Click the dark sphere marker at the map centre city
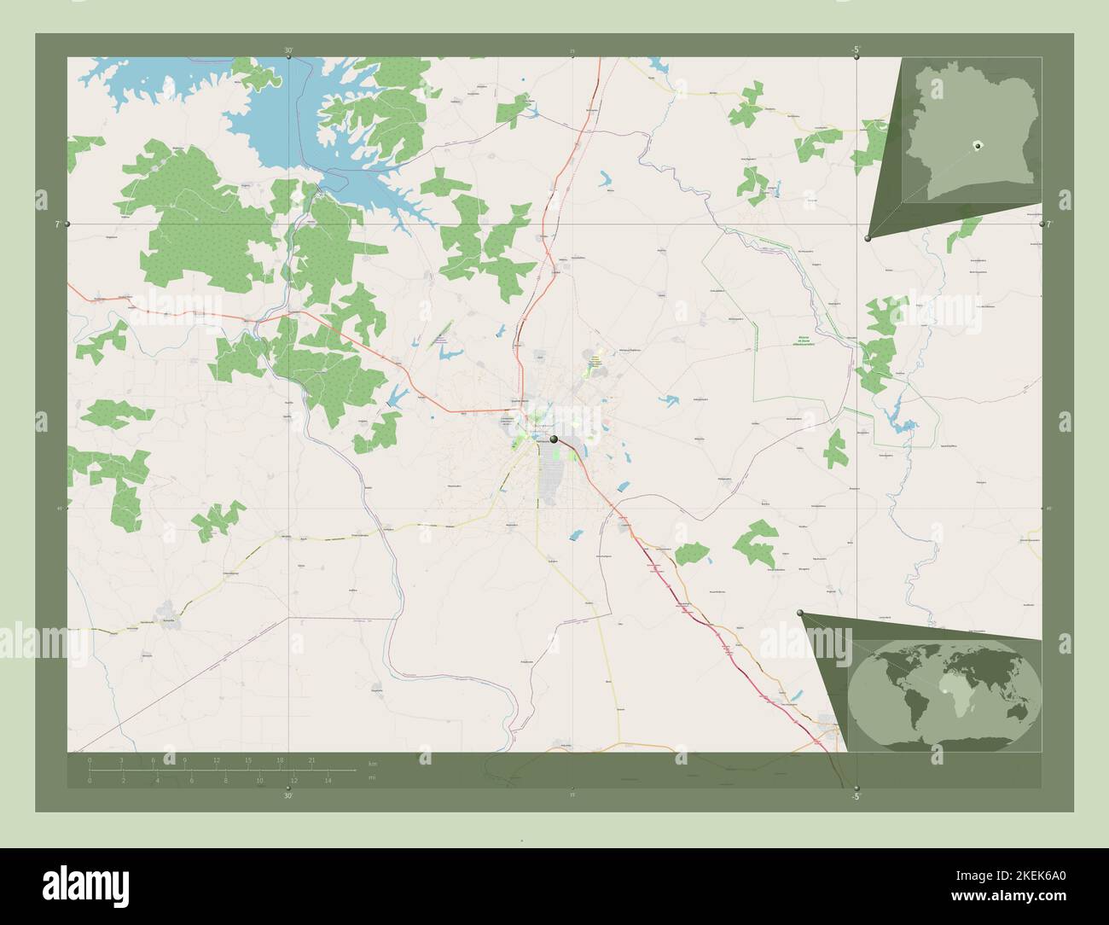click(x=554, y=439)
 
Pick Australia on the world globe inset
click(x=1015, y=710)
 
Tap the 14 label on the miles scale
click(x=328, y=780)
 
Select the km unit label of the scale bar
click(x=372, y=763)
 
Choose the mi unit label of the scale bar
click(x=372, y=778)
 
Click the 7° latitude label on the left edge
click(x=58, y=224)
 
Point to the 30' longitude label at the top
click(x=289, y=51)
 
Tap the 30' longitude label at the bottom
click(x=288, y=795)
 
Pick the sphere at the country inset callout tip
click(x=868, y=239)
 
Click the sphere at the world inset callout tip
click(x=800, y=613)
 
